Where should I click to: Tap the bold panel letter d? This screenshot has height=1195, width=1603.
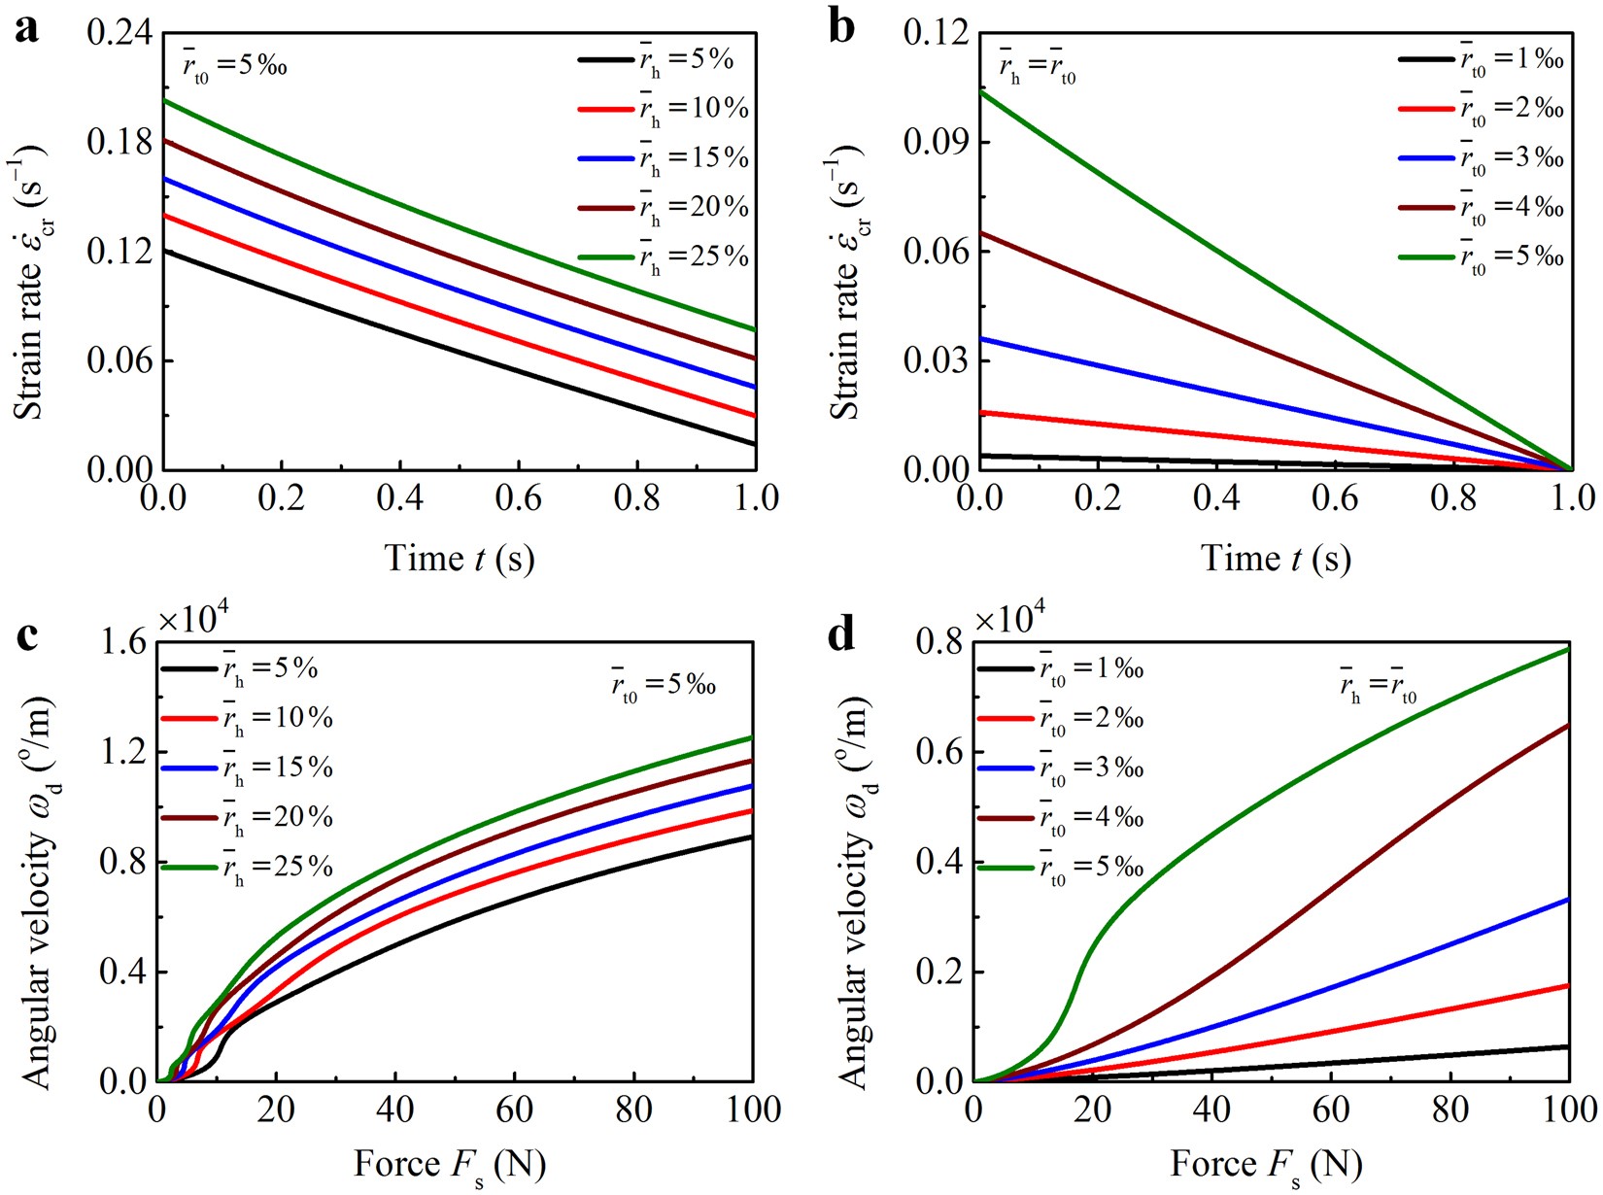841,636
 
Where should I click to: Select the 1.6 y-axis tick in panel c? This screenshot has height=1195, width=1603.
122,642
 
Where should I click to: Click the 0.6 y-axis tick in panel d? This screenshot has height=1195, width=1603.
939,752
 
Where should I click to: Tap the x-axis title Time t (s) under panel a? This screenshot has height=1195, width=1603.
460,559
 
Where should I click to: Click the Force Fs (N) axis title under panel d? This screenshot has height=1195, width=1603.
1266,1165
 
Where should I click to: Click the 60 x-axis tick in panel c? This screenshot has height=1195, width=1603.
514,1110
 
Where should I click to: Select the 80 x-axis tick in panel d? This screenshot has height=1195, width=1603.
1450,1110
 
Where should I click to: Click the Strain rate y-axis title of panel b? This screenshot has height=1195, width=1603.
849,282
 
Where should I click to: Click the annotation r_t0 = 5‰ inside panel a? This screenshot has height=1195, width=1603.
234,68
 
